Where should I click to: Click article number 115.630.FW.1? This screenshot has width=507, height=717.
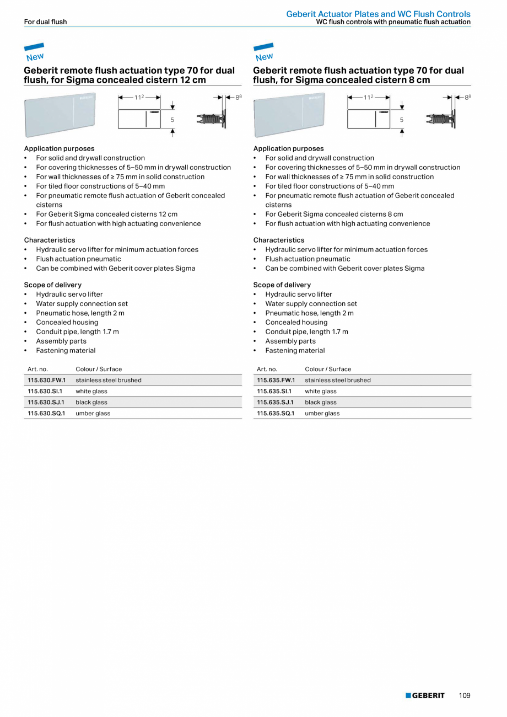point(46,380)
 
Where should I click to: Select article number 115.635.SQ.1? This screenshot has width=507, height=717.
point(276,413)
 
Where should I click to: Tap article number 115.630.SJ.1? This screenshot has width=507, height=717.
point(46,402)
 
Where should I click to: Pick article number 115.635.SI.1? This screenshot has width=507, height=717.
point(274,391)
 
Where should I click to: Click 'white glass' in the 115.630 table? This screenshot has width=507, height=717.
point(91,391)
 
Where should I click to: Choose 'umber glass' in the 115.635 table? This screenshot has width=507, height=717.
point(322,413)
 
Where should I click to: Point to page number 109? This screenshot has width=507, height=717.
point(465,695)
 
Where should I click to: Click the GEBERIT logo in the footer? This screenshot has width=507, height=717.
point(425,695)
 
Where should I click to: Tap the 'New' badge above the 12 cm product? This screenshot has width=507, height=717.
point(34,53)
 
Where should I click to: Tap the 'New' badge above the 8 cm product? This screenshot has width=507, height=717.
point(263,53)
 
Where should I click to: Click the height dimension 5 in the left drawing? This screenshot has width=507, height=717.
point(172,120)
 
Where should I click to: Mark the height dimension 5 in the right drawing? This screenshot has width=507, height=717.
point(401,120)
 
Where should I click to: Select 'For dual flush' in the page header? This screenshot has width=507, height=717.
point(45,22)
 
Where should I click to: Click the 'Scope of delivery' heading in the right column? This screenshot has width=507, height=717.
point(282,285)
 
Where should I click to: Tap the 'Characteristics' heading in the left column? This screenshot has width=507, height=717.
point(50,240)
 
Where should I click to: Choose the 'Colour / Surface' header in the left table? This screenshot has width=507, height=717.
point(99,369)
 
